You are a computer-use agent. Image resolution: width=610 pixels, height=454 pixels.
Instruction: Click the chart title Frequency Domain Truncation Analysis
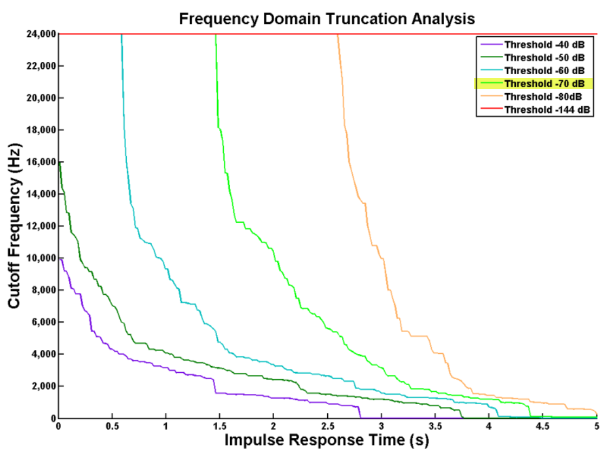tap(327, 20)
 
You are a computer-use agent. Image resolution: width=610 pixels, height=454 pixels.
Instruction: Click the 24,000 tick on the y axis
tap(41, 34)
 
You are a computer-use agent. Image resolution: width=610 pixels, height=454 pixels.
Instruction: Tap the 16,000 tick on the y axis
tap(41, 162)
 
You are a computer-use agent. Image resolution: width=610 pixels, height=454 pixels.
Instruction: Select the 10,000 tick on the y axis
tap(41, 258)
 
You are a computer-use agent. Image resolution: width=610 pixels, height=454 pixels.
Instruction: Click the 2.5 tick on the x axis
tap(327, 426)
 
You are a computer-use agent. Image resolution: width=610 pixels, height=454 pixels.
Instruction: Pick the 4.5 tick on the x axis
tap(542, 426)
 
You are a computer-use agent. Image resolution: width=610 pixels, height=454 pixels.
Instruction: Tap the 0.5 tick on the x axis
tap(112, 426)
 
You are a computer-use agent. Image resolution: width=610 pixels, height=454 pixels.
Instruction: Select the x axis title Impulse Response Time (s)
tap(327, 440)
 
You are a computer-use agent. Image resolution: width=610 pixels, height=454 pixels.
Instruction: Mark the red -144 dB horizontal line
tap(271, 34)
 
